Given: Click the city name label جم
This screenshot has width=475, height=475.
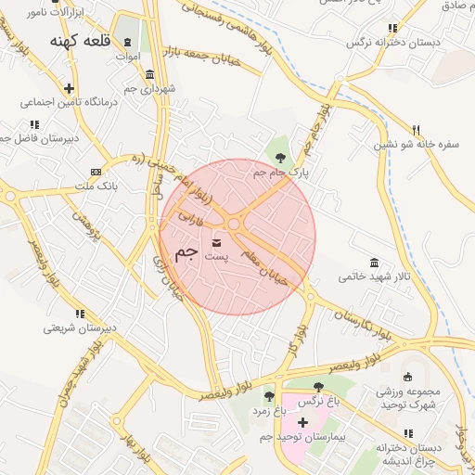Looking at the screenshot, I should (186, 252).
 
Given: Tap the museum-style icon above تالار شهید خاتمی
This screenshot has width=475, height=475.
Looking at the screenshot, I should (374, 263).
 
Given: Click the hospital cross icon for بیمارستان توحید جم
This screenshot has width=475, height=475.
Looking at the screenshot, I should (302, 422).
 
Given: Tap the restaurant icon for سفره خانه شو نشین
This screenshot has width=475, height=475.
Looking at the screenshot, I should (417, 130).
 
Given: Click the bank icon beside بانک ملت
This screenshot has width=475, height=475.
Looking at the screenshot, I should (96, 172).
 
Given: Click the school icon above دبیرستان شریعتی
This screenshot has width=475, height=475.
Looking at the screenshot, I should (80, 314).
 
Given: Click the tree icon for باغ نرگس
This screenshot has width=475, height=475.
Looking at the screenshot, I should (318, 387).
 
